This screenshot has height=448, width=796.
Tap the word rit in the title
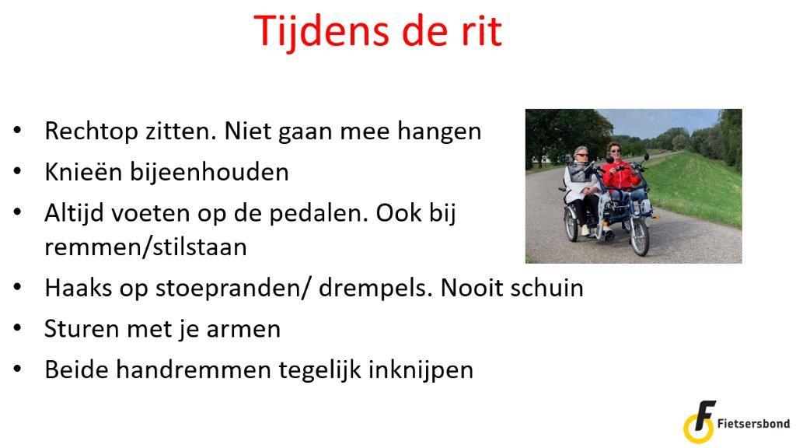point(478,30)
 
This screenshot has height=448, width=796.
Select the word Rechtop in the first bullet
point(92,131)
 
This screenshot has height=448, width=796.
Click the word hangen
point(439,131)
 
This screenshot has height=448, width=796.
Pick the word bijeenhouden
point(209,172)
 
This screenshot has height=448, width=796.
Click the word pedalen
point(318,213)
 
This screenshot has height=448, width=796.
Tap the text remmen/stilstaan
point(145,247)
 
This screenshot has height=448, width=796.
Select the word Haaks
point(79,288)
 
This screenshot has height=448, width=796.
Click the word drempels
point(377,289)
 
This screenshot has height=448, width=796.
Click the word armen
point(243,329)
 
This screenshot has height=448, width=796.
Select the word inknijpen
point(421,370)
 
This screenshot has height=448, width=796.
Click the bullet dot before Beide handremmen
point(18,369)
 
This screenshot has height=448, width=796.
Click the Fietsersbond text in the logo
point(753,423)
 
